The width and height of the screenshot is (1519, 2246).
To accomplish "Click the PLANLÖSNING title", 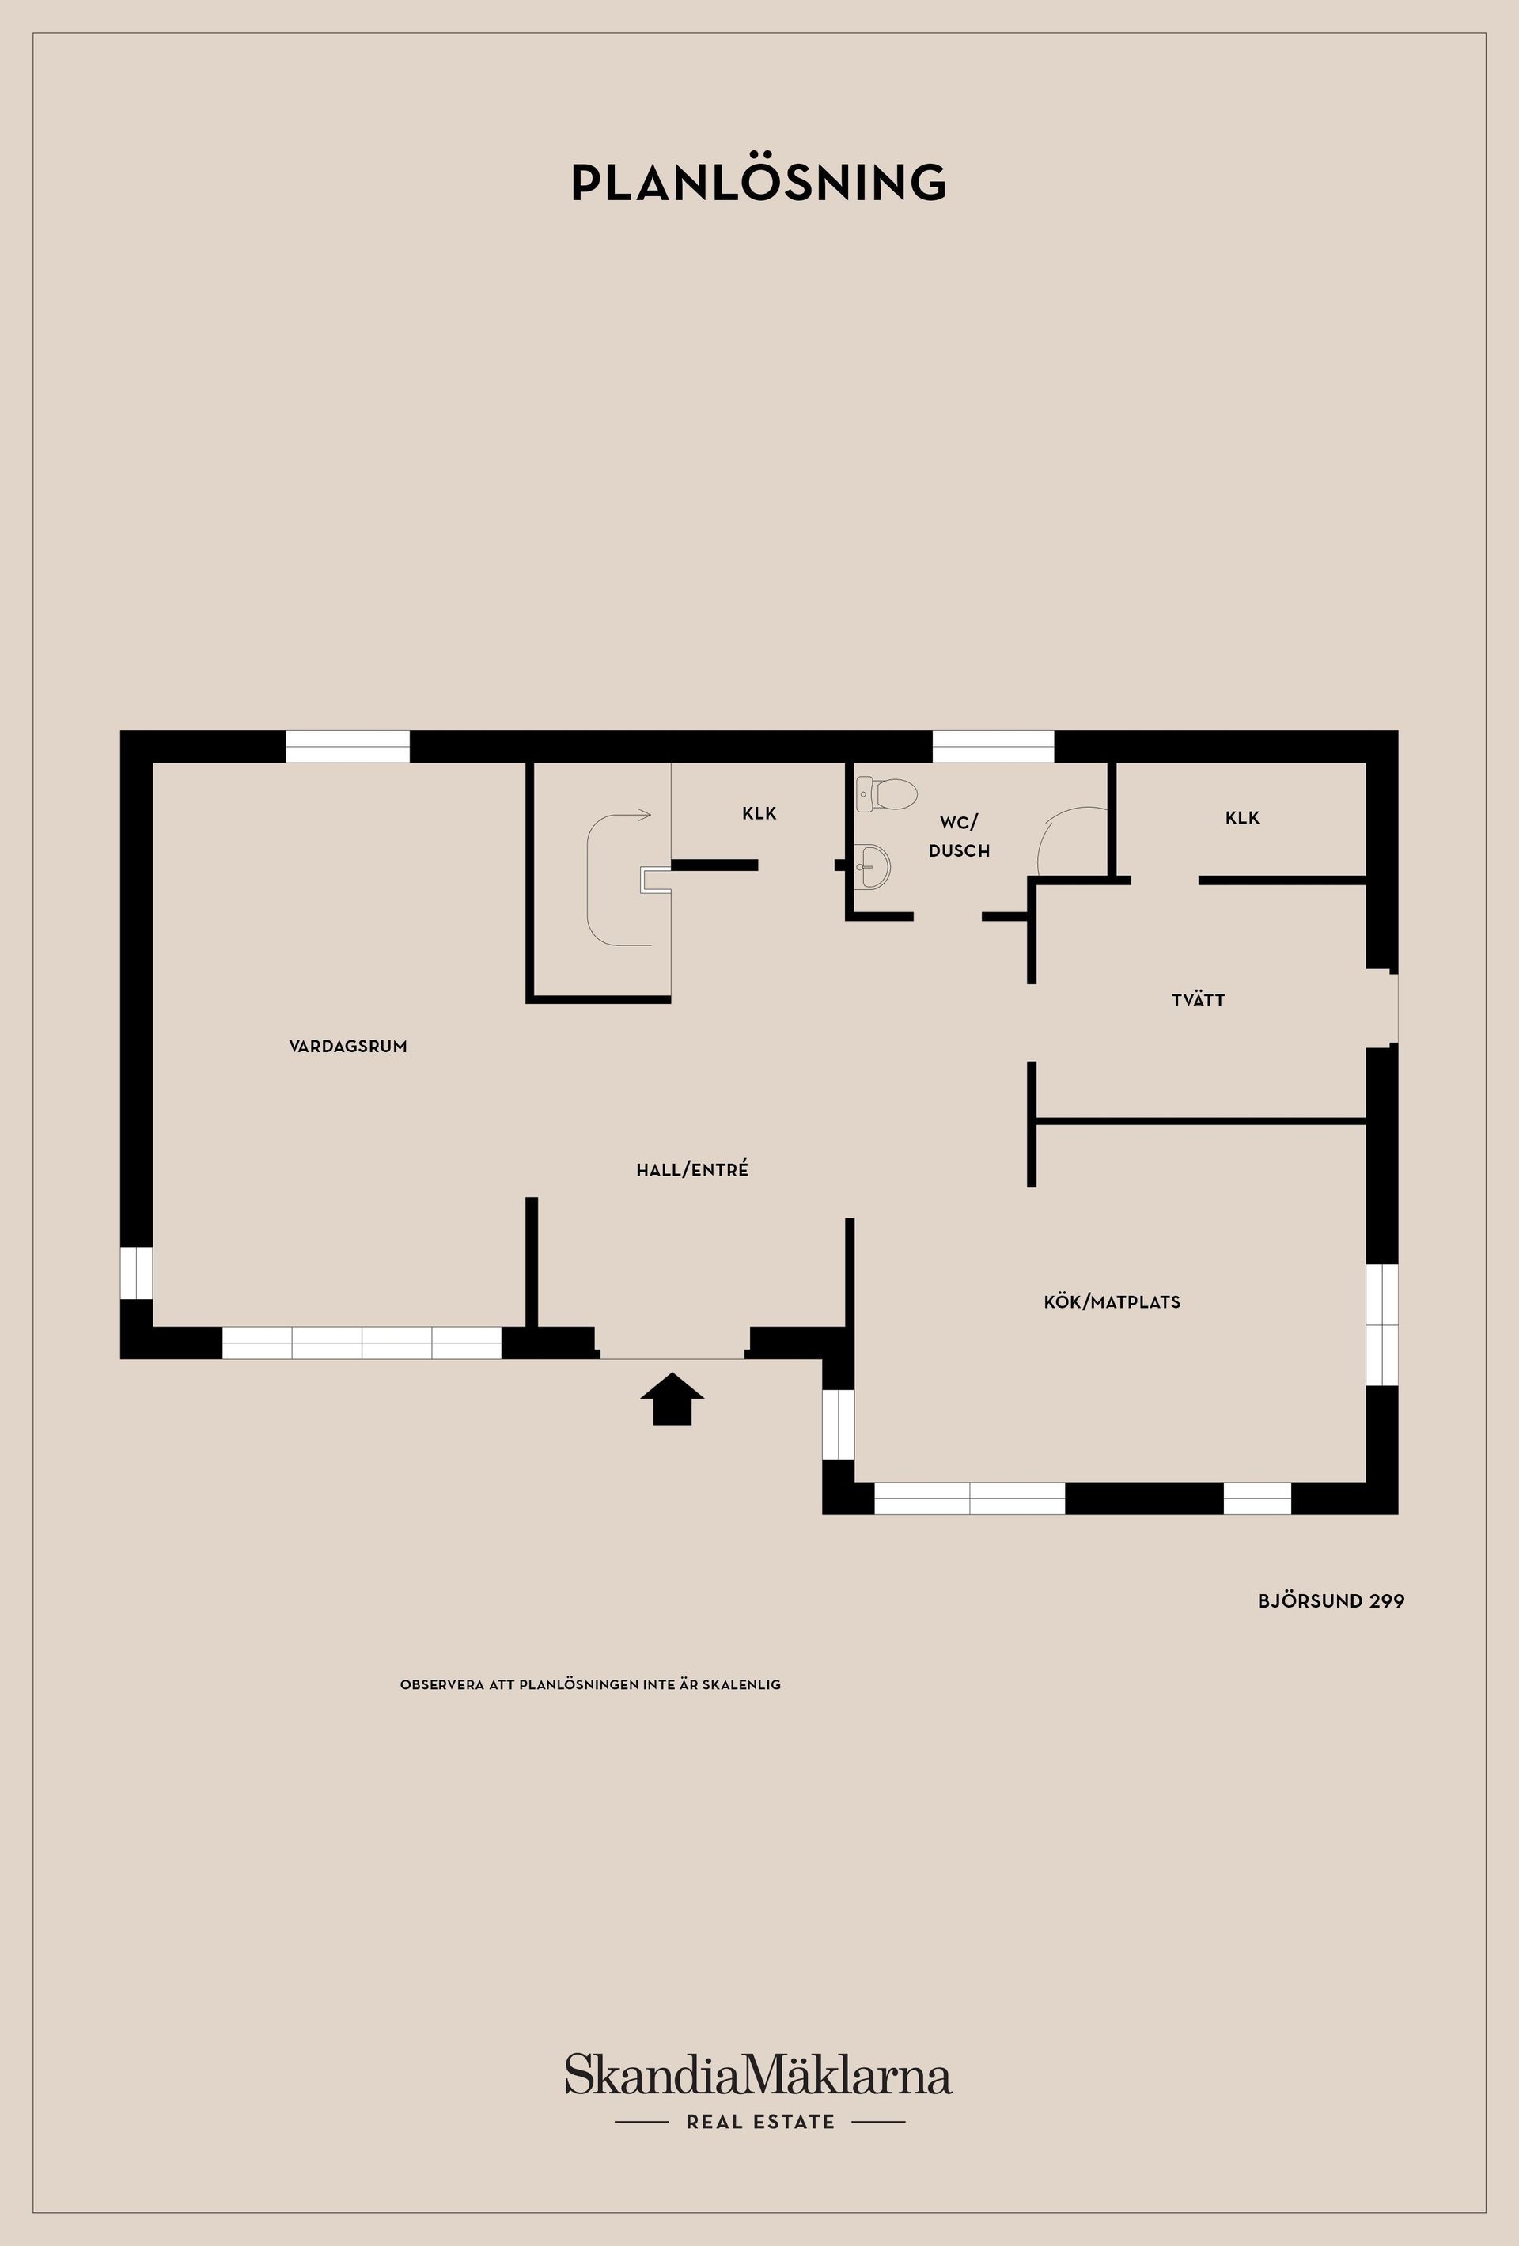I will pyautogui.click(x=759, y=183).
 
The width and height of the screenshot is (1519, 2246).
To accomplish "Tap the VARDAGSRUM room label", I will pyautogui.click(x=348, y=1046).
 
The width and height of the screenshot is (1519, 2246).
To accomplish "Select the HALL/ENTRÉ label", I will pyautogui.click(x=692, y=1169).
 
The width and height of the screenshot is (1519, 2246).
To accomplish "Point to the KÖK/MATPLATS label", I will pyautogui.click(x=1112, y=1301).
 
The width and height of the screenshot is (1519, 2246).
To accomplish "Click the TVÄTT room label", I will pyautogui.click(x=1199, y=1000).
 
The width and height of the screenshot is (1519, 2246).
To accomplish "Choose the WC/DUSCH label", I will pyautogui.click(x=959, y=837).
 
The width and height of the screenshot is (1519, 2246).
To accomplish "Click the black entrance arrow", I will pyautogui.click(x=672, y=1399).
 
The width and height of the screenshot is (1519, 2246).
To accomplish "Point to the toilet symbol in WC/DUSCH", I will pyautogui.click(x=886, y=793).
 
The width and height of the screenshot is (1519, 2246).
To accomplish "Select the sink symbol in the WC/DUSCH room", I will pyautogui.click(x=873, y=866).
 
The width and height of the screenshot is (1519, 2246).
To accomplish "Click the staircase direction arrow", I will pyautogui.click(x=638, y=815).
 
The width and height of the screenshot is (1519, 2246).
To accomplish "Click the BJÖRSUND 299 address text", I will pyautogui.click(x=1331, y=1600).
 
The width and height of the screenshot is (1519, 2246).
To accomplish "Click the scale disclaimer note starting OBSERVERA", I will pyautogui.click(x=589, y=1684).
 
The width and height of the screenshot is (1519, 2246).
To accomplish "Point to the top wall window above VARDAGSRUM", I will pyautogui.click(x=348, y=746).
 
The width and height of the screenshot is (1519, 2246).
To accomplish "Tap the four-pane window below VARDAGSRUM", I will pyautogui.click(x=362, y=1343).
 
